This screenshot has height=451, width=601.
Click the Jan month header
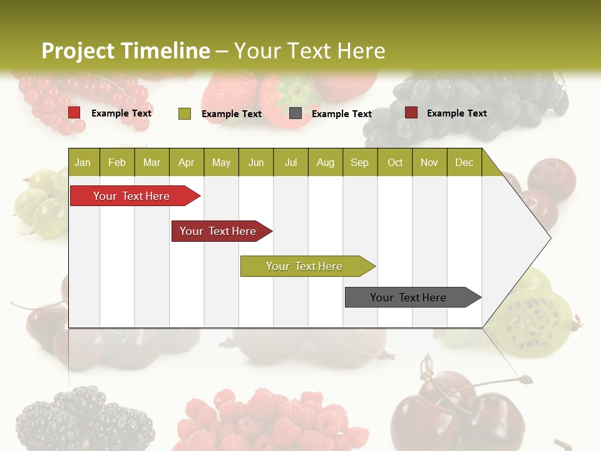tap(83, 162)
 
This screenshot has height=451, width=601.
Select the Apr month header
tap(186, 162)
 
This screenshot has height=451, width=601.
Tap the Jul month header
tap(290, 162)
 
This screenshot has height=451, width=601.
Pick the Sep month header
tap(359, 162)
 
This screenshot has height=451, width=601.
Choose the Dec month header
tap(464, 162)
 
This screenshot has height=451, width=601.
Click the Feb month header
tap(117, 162)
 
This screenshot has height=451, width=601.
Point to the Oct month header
tap(395, 162)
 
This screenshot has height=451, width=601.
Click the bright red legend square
tap(74, 113)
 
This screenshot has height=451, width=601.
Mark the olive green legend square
tap(185, 113)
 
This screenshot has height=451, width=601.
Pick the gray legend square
tap(295, 113)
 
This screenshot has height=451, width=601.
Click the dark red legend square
tap(411, 113)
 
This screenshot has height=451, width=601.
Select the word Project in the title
tap(78, 51)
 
